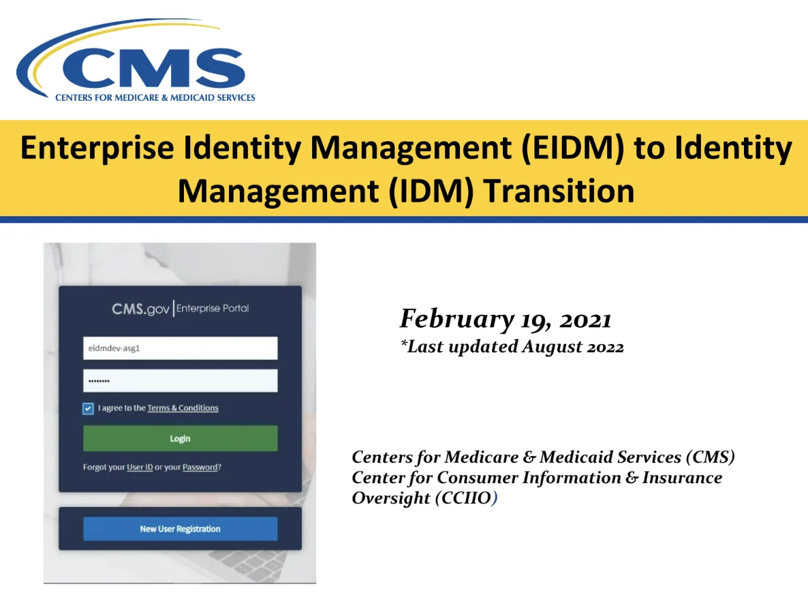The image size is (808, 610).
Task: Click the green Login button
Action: tap(181, 438)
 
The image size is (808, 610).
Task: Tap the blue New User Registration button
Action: tap(181, 528)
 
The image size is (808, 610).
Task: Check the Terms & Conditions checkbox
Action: tap(88, 408)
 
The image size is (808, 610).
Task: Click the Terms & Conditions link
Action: tap(183, 408)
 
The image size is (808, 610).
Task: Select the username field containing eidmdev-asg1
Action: tap(181, 348)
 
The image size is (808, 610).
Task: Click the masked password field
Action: tap(181, 380)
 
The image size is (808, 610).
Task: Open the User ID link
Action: tap(140, 467)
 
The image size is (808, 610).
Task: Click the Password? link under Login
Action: tap(202, 467)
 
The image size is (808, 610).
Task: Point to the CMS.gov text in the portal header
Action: tap(140, 309)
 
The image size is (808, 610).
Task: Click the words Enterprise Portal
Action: tap(213, 308)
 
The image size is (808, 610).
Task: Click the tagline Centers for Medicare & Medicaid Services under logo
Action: tap(155, 97)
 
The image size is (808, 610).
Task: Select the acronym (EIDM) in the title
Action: tap(572, 148)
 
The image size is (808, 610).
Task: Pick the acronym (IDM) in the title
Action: tap(431, 192)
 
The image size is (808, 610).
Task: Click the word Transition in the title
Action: tap(559, 191)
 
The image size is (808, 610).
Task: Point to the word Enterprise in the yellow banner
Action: tap(97, 149)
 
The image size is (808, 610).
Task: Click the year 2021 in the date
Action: tap(585, 320)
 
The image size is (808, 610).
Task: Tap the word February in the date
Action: tap(456, 319)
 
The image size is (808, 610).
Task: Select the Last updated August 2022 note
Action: tap(512, 346)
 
